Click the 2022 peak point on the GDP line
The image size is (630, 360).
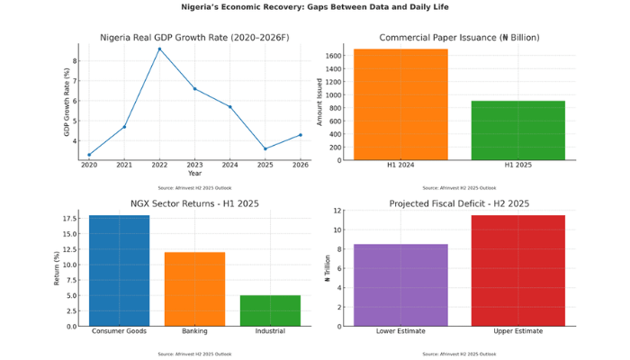[x=159, y=49]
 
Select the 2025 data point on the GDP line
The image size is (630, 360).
[x=265, y=148]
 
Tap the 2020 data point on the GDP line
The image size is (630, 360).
[x=89, y=155]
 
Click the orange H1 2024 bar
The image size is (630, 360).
[x=400, y=104]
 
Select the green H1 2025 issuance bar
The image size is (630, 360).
[x=518, y=130]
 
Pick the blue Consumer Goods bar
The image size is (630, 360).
[x=120, y=270]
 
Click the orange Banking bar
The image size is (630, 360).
[x=194, y=289]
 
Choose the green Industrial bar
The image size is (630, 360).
[x=270, y=310]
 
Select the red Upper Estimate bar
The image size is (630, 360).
[x=518, y=270]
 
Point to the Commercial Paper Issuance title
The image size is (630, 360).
[x=459, y=38]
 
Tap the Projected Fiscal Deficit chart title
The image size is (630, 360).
[x=459, y=203]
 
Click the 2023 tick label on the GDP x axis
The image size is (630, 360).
[x=194, y=166]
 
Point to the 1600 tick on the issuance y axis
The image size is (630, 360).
[x=332, y=56]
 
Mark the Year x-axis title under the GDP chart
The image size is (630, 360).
[x=194, y=173]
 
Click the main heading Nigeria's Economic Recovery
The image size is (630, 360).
[x=314, y=7]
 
